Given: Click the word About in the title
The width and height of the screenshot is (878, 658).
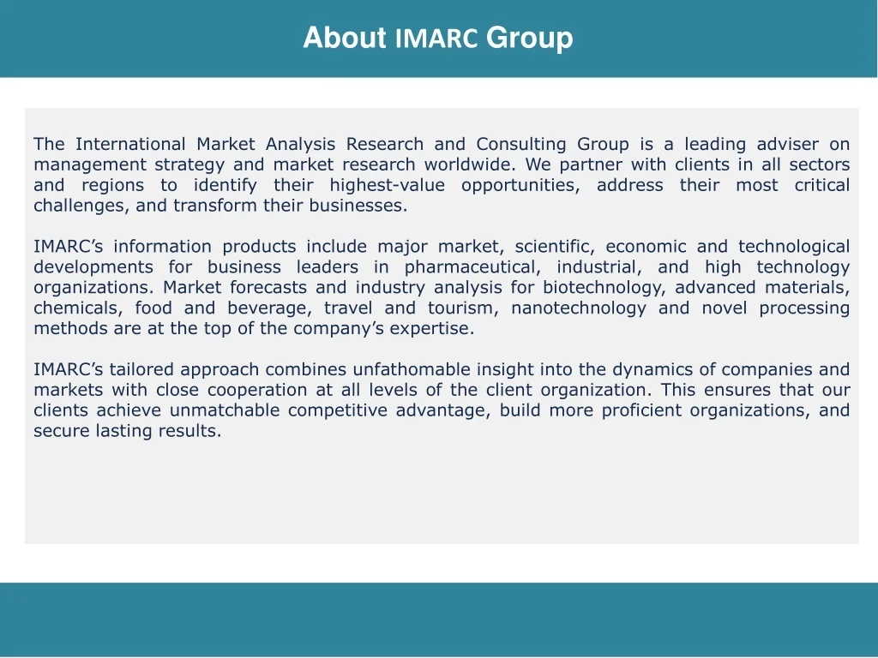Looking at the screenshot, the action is pos(345,38).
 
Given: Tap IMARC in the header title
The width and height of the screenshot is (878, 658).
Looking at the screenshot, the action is pos(436,38).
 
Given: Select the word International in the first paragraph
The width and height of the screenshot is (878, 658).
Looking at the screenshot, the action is pos(130,144).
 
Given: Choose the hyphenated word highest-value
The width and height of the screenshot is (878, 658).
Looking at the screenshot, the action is pos(387,185).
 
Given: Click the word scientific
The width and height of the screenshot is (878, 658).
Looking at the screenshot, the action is pos(555,247).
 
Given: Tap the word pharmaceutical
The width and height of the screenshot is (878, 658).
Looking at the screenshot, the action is pos(472,267).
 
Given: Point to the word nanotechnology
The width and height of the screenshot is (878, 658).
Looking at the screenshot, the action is pos(579,308).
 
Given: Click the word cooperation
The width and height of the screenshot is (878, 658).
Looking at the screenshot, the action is pos(257,390).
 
